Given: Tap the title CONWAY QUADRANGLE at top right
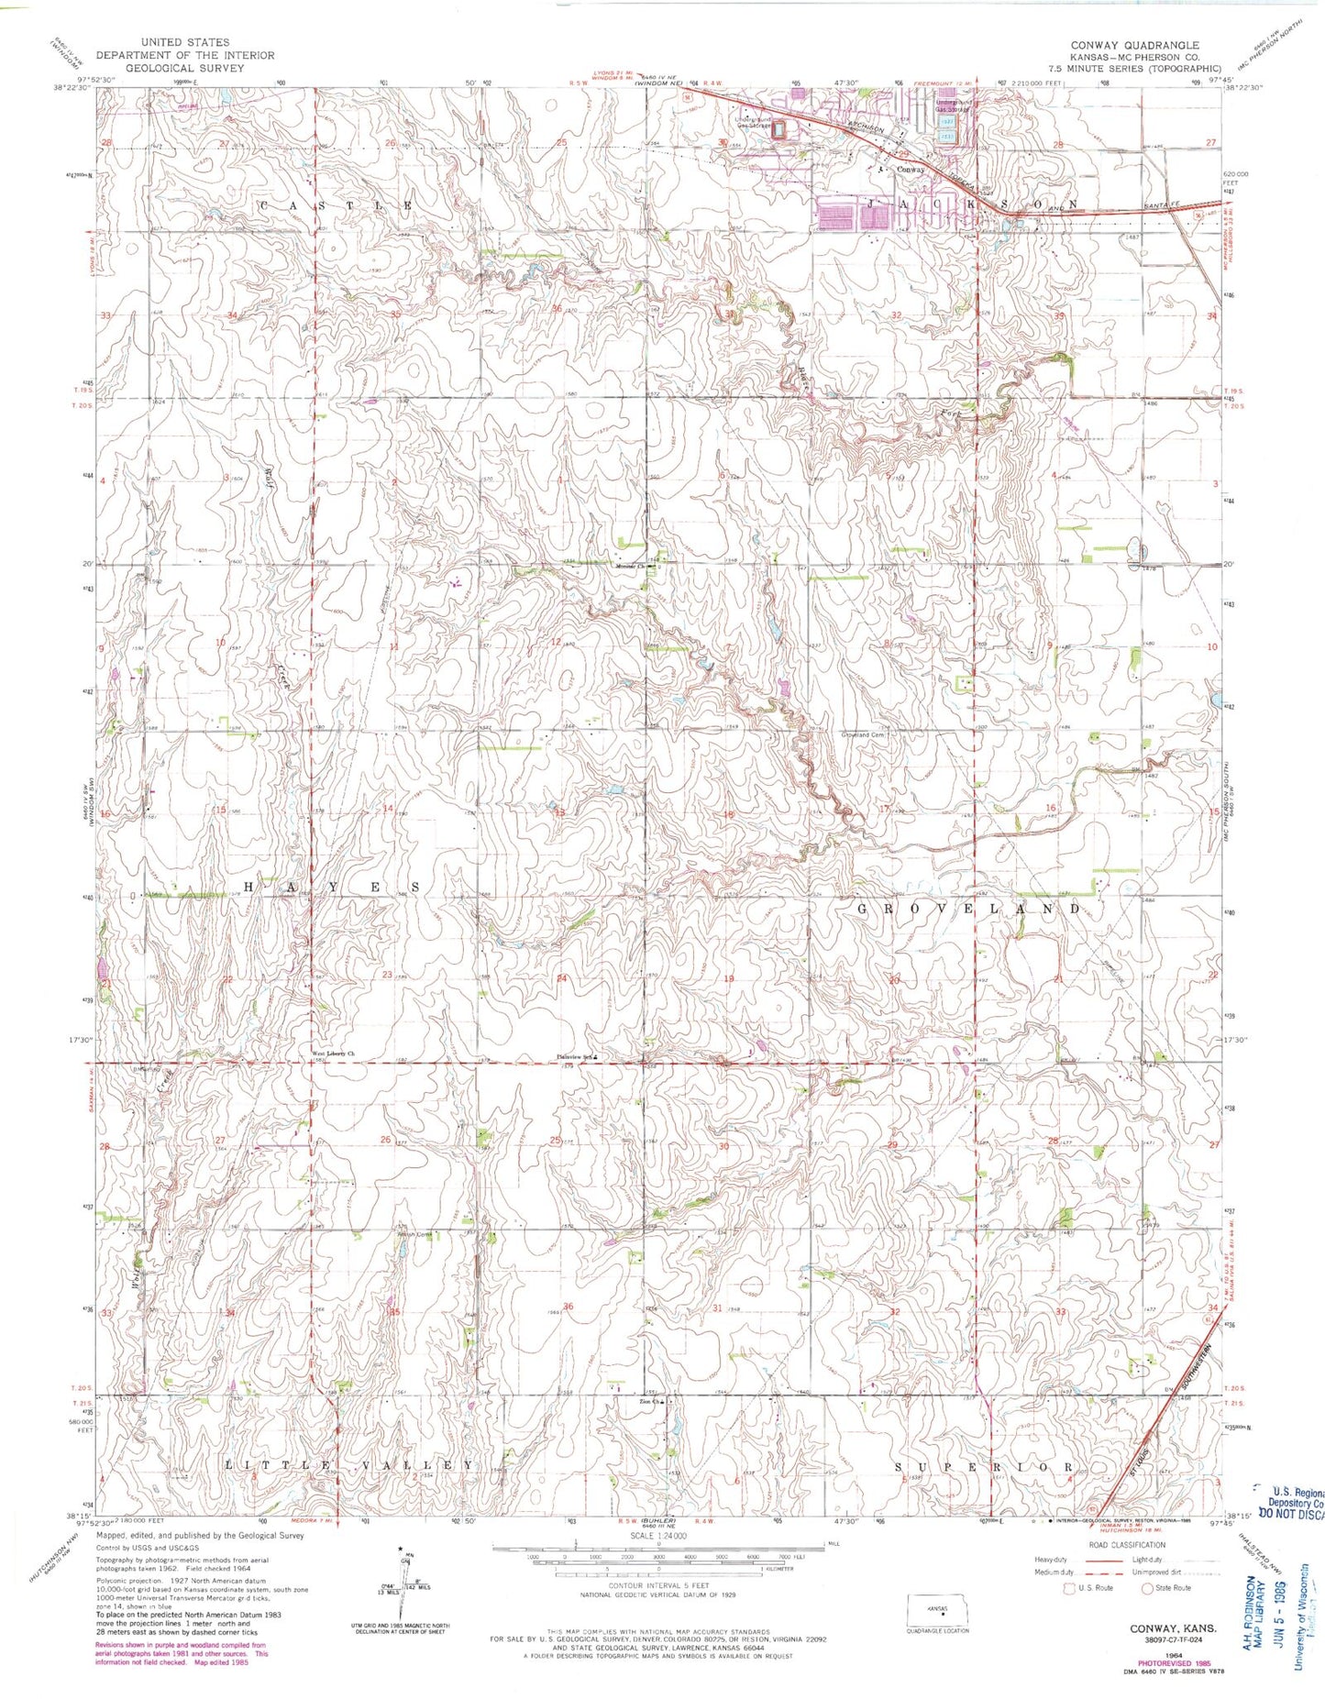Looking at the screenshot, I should tap(1133, 45).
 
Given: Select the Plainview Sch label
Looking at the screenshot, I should tap(574, 1056).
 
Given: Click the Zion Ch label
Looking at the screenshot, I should tap(652, 1401).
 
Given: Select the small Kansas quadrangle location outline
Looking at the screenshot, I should tap(936, 1606).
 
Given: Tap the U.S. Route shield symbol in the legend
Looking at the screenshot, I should tap(1069, 1587).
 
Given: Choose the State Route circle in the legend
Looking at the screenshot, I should tap(1146, 1587).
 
